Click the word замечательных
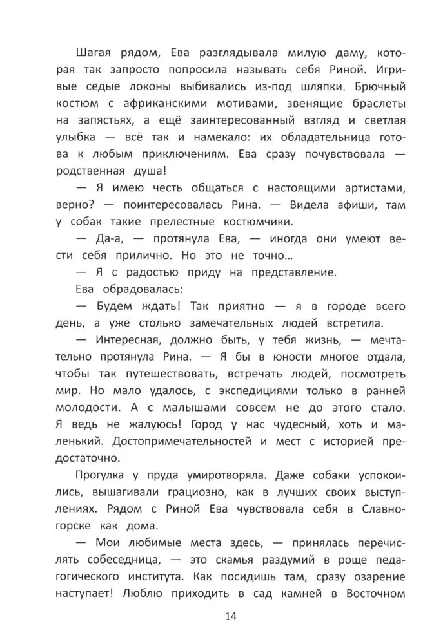(x=235, y=323)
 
